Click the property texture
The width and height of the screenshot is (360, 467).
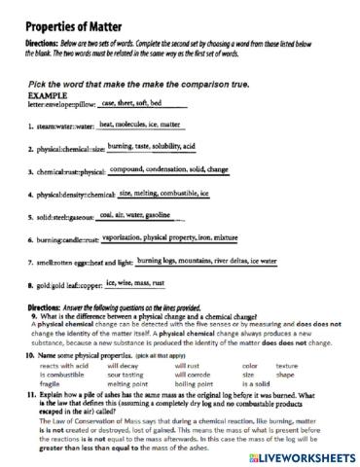(x=286, y=365)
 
